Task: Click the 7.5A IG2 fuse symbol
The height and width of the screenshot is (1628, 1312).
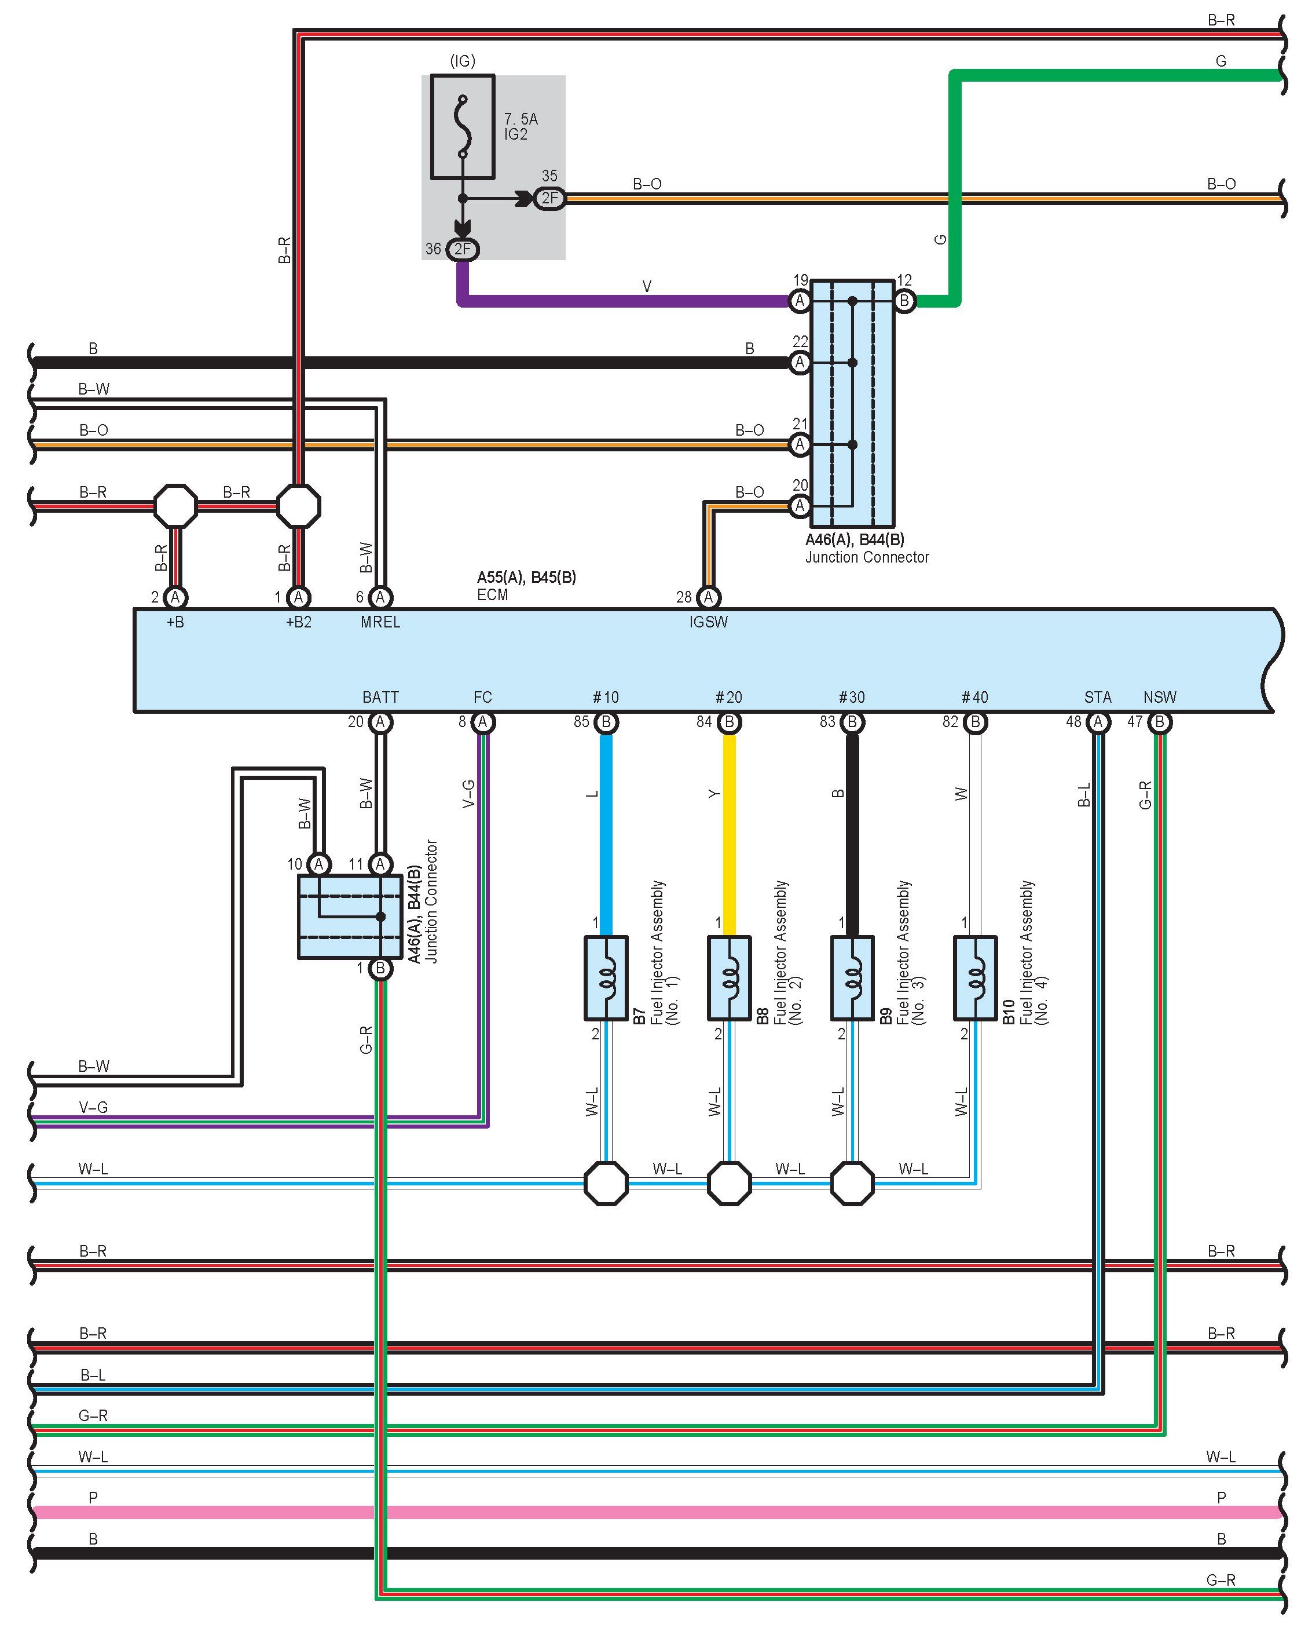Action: (463, 127)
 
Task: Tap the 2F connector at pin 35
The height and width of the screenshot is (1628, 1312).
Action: (549, 199)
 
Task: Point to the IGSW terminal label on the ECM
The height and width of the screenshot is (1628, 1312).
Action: (708, 622)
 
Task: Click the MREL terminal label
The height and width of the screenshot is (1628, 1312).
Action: (380, 622)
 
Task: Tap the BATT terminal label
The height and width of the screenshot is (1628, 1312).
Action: (380, 697)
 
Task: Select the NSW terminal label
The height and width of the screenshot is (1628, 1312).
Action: (1159, 697)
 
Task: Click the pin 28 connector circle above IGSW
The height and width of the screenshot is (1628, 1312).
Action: (708, 597)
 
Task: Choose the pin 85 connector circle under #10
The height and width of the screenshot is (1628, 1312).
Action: (606, 722)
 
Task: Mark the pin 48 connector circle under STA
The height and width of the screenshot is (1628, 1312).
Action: (1098, 722)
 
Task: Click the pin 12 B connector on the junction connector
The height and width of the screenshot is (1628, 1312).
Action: (904, 301)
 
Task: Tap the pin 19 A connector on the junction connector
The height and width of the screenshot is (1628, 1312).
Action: (800, 301)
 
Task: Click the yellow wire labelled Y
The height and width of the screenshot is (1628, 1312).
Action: (730, 835)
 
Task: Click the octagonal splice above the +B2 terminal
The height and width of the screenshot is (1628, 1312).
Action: (299, 506)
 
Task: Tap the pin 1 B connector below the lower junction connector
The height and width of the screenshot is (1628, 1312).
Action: (380, 969)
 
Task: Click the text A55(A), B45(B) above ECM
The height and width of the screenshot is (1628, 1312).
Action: (527, 578)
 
